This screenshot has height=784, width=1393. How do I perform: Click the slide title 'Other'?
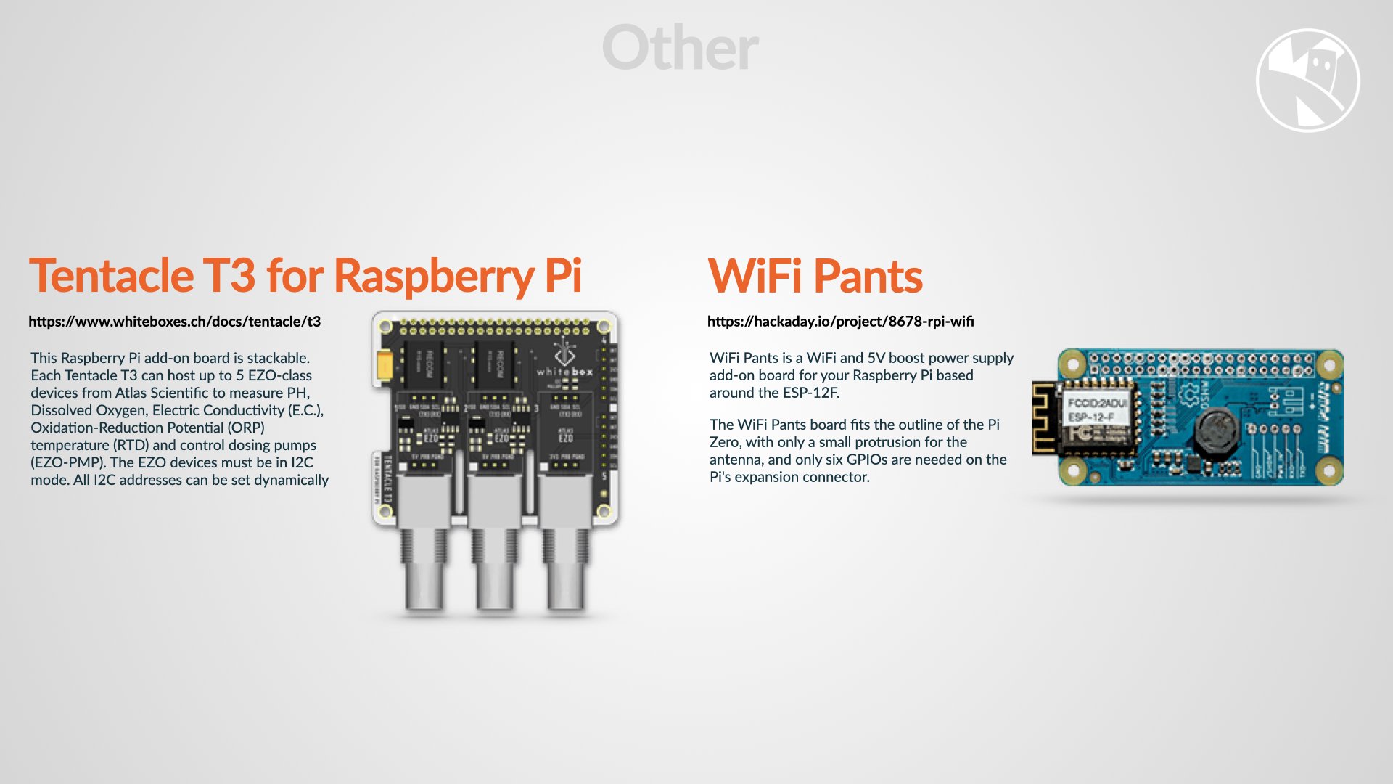pyautogui.click(x=680, y=48)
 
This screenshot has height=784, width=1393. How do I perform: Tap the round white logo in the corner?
pyautogui.click(x=1307, y=80)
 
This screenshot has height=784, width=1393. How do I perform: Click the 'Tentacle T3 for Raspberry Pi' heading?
pyautogui.click(x=305, y=276)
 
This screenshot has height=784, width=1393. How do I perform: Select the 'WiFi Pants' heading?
pyautogui.click(x=815, y=276)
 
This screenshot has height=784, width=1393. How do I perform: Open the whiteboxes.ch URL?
pyautogui.click(x=174, y=322)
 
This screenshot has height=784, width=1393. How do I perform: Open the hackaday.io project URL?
pyautogui.click(x=840, y=322)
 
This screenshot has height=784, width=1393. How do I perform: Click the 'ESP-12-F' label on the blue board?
pyautogui.click(x=1090, y=417)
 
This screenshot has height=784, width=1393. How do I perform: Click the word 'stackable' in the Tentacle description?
pyautogui.click(x=277, y=358)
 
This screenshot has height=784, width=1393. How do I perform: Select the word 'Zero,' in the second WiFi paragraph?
pyautogui.click(x=726, y=442)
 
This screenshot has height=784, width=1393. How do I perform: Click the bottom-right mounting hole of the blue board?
pyautogui.click(x=1329, y=470)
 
